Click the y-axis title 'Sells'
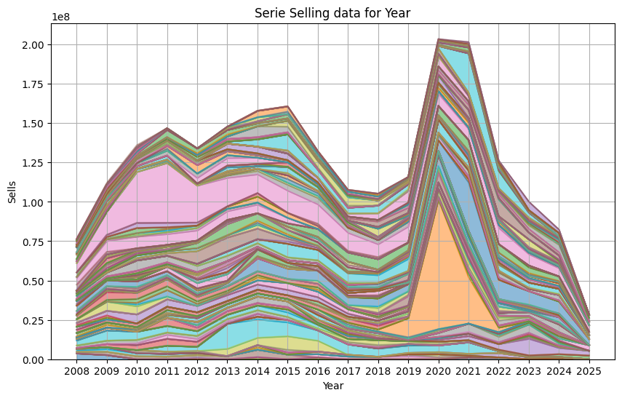[12, 191]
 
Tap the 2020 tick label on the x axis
[439, 371]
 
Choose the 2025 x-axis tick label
[589, 371]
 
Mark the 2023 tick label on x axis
[529, 371]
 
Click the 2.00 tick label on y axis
[33, 45]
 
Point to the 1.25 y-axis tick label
[33, 163]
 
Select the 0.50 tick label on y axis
[33, 281]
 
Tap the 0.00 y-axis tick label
[33, 359]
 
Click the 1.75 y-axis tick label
[33, 84]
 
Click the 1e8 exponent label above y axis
[62, 17]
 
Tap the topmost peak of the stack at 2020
[439, 39]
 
